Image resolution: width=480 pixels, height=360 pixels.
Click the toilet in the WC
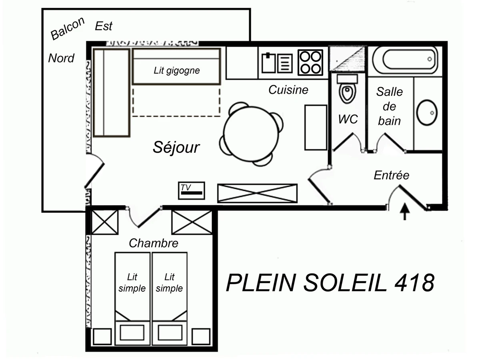pos(346,92)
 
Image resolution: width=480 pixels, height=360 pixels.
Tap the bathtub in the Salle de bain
pos(405,60)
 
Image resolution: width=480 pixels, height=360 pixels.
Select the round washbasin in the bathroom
pos(427,112)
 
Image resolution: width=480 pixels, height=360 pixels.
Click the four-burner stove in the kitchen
pos(310,62)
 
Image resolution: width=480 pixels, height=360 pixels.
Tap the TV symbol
pos(191,190)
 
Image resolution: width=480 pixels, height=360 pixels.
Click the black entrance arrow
pos(405,212)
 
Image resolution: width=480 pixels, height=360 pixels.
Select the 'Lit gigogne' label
pos(176,71)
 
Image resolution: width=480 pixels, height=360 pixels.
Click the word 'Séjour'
pos(176,147)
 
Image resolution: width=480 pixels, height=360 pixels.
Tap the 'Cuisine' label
pos(288,90)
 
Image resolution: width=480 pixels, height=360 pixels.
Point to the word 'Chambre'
pos(153,243)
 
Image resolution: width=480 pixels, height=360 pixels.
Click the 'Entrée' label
pos(392,175)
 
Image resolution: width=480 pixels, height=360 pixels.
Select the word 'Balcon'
pos(68,29)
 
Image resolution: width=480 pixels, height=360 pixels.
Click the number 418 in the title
pos(414,283)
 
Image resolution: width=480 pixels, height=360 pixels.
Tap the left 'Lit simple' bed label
pos(132,282)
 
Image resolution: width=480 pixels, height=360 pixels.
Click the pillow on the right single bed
pos(170,332)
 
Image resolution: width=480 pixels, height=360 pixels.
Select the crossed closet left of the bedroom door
pos(105,222)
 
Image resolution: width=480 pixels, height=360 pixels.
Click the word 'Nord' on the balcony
pos(61,58)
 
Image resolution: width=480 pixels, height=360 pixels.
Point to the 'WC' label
pos(348,119)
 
